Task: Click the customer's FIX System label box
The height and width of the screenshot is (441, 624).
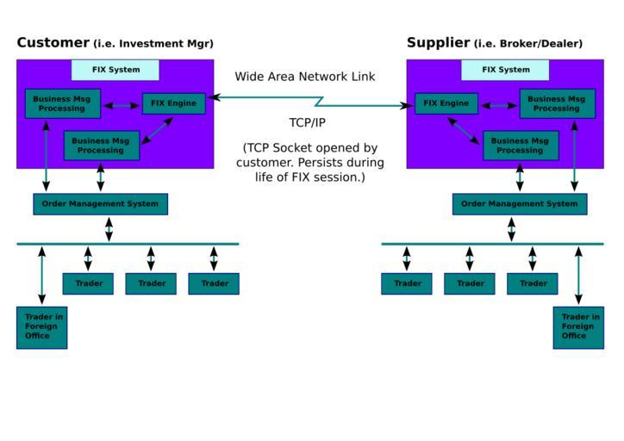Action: tap(115, 70)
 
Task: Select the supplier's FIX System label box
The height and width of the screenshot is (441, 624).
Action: tap(505, 70)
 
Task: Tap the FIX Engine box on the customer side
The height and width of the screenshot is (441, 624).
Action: tap(173, 103)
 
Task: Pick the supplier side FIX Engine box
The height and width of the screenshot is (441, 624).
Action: tap(446, 103)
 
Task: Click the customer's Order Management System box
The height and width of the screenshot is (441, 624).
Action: tap(100, 204)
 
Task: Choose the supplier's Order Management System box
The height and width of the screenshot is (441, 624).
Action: tap(519, 204)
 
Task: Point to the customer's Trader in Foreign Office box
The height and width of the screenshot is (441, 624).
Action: tap(41, 326)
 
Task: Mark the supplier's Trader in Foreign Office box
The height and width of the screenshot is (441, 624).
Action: tap(578, 326)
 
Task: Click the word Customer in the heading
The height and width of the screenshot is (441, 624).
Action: tap(53, 42)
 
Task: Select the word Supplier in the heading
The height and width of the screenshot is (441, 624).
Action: tap(438, 42)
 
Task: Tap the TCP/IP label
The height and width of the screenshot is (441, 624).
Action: tap(307, 122)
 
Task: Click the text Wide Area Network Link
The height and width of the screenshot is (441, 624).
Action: tap(305, 77)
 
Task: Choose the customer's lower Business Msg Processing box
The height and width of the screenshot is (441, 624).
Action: tap(101, 146)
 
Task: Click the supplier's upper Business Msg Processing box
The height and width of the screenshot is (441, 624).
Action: tap(557, 103)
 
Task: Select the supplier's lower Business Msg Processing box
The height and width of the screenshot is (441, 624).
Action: tap(520, 146)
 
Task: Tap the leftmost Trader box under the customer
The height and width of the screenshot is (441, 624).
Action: tap(88, 283)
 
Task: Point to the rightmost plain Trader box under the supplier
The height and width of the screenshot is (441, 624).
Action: tap(533, 283)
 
